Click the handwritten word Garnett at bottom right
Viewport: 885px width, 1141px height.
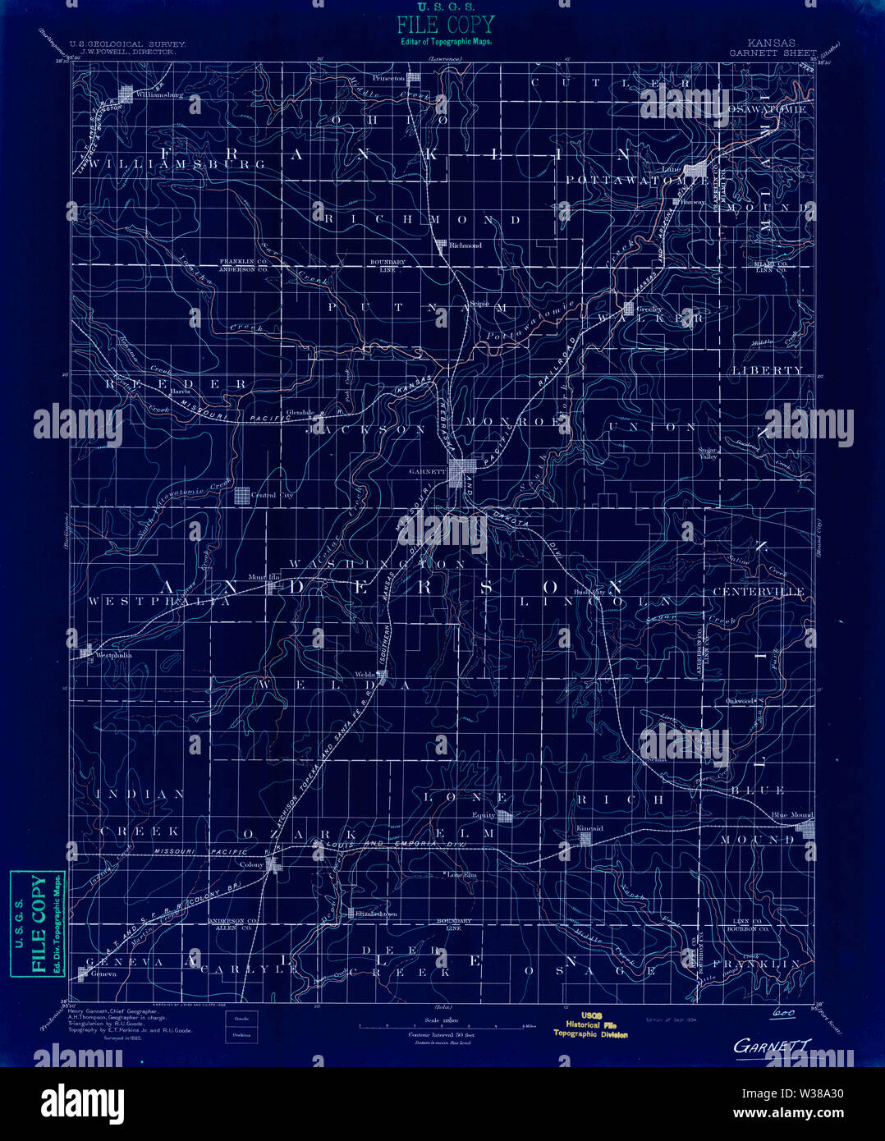(772, 1047)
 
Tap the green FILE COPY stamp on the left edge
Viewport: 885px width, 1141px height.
(38, 923)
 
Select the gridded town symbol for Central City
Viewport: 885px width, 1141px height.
(242, 495)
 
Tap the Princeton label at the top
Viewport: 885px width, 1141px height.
(388, 78)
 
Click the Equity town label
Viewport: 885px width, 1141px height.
(484, 815)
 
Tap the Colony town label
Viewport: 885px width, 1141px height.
(251, 864)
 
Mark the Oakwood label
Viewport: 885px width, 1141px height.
(740, 701)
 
